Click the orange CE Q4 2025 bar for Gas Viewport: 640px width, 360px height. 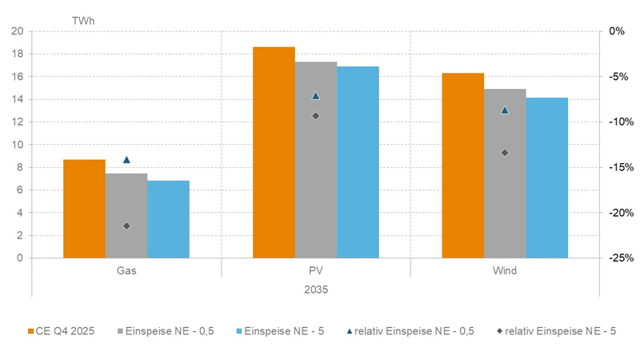(84, 209)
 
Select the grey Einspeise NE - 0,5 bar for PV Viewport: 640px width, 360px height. (316, 160)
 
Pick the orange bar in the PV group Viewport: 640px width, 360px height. (274, 152)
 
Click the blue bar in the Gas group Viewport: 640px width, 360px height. (168, 219)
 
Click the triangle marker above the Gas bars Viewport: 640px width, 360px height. (126, 160)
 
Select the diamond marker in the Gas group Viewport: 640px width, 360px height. (126, 226)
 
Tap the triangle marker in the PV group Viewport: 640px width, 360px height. (315, 95)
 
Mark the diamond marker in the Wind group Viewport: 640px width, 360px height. (505, 153)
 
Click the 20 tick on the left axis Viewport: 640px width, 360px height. (18, 31)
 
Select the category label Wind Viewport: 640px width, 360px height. (505, 271)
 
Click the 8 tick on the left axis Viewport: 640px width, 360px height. (20, 168)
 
